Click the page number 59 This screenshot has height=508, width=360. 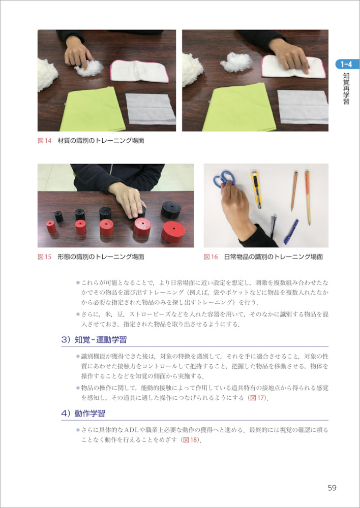[x=332, y=488]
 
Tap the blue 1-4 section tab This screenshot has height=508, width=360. [x=347, y=64]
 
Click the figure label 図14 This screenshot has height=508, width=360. [x=44, y=141]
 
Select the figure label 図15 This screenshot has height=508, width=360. [x=44, y=257]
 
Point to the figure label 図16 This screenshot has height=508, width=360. [x=211, y=257]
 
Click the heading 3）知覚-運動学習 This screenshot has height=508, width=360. [x=94, y=340]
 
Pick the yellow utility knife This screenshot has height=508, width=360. [x=256, y=189]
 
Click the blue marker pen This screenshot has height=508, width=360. [x=291, y=231]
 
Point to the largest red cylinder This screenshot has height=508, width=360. [x=173, y=232]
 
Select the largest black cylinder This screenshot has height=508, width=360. [x=171, y=210]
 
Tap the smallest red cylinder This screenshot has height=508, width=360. [x=51, y=227]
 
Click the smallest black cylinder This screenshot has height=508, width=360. [x=58, y=216]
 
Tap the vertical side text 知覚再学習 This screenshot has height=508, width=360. [x=346, y=88]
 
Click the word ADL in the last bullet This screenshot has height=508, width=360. [x=131, y=430]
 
